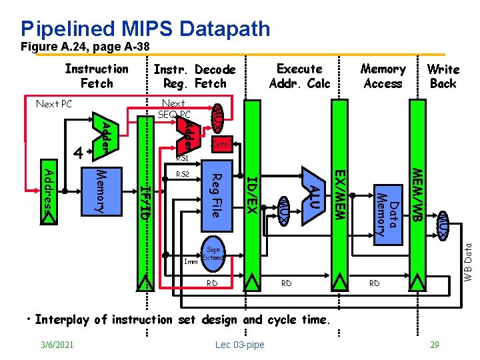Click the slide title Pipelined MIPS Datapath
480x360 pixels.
pyautogui.click(x=145, y=29)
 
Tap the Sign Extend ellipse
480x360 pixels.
pyautogui.click(x=213, y=253)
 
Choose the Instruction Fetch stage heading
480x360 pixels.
pyautogui.click(x=97, y=76)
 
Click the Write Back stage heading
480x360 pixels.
pyautogui.click(x=443, y=76)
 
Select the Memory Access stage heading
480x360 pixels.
pyautogui.click(x=383, y=76)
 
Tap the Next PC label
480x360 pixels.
pyautogui.click(x=53, y=104)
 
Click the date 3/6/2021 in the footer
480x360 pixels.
pyautogui.click(x=56, y=344)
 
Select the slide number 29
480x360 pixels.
pyautogui.click(x=435, y=344)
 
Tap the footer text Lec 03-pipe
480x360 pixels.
pyautogui.click(x=239, y=344)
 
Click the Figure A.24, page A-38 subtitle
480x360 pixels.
pyautogui.click(x=85, y=47)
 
